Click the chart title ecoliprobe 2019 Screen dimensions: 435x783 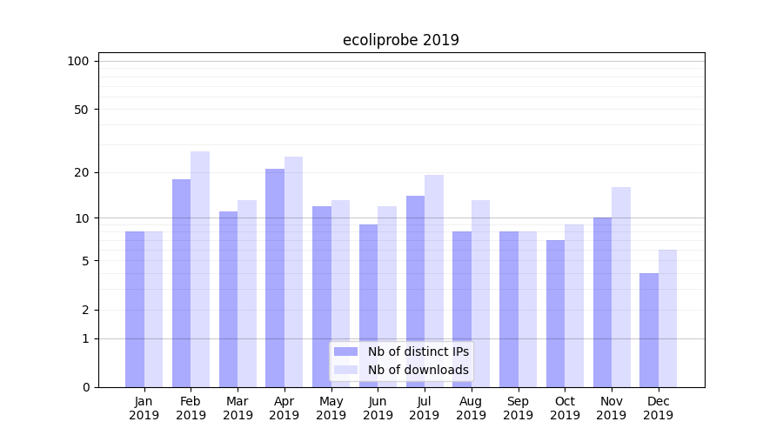coord(401,40)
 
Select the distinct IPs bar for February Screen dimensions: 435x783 coord(181,283)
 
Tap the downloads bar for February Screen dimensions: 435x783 coord(200,269)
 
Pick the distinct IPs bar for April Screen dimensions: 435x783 coord(275,278)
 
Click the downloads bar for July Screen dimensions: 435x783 coord(434,280)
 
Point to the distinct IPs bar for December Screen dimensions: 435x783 coord(649,330)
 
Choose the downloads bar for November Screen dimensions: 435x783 coord(621,286)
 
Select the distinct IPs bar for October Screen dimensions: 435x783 coord(556,313)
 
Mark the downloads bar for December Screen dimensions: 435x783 coord(668,318)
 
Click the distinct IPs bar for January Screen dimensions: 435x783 coord(135,309)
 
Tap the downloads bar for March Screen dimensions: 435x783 coord(247,293)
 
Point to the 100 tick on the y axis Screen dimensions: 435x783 coord(78,61)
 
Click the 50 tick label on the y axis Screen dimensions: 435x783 coord(81,110)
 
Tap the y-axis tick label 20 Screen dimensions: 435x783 coord(81,172)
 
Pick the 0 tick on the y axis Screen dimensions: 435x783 coord(84,387)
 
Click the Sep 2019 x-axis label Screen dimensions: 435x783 coord(518,408)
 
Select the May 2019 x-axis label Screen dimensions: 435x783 coord(331,408)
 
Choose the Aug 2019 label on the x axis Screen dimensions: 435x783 coord(471,408)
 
